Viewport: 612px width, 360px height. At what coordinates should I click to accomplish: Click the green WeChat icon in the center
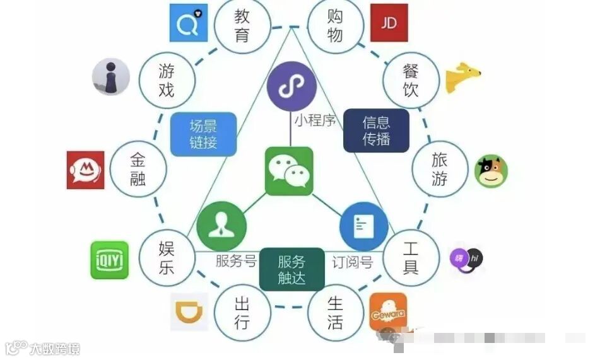(289, 171)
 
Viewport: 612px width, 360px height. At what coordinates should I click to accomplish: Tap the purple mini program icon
(291, 90)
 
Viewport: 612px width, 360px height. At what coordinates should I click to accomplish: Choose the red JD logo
(389, 23)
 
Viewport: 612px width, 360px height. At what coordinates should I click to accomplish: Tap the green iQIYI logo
(109, 260)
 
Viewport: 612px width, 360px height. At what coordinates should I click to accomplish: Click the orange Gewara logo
(387, 311)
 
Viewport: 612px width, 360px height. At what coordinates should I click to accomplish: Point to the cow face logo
(490, 171)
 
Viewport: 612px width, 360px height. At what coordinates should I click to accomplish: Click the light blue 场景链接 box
(203, 134)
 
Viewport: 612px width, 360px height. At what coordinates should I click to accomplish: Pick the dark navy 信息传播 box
(376, 131)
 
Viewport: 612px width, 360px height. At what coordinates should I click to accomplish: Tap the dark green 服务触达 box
(291, 270)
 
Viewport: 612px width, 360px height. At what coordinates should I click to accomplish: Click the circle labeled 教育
(242, 25)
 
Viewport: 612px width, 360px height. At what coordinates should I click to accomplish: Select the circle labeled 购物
(335, 25)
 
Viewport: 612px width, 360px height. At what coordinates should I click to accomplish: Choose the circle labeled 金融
(138, 169)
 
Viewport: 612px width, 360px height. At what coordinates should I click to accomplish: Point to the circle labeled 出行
(242, 313)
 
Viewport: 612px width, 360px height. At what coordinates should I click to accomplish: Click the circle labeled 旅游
(440, 169)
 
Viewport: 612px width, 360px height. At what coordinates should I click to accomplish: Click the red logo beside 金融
(85, 170)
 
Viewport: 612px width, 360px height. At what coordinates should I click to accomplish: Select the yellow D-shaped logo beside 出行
(189, 312)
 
